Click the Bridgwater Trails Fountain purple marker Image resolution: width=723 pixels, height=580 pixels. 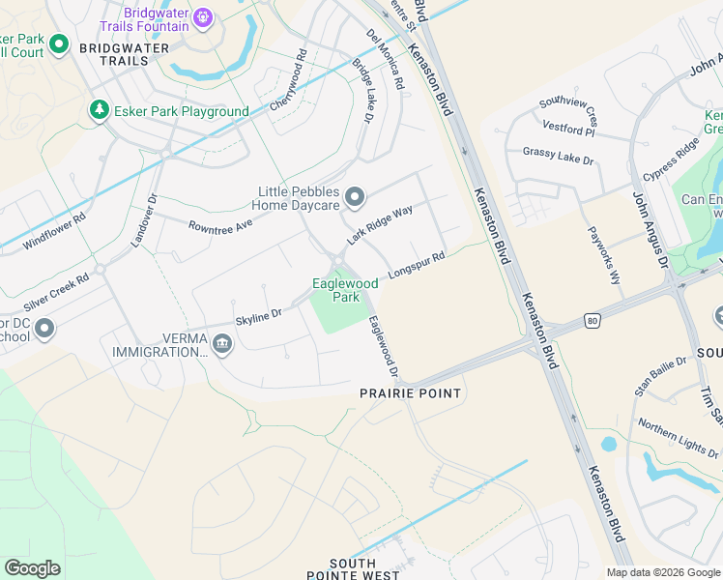[202, 16]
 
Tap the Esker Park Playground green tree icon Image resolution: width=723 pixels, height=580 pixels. [99, 111]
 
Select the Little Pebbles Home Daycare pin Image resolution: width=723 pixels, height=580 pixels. [355, 197]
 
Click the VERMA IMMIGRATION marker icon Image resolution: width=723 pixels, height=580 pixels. [222, 344]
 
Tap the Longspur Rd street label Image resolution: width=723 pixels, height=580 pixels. [417, 267]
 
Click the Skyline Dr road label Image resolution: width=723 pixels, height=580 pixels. [258, 315]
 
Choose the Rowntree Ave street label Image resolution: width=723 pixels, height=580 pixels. [220, 224]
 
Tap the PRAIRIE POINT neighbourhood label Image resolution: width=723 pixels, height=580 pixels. [411, 393]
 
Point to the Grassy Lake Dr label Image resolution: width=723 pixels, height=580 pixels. [558, 154]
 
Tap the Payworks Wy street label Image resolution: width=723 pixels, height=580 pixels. [605, 255]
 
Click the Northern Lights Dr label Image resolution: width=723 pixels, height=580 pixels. [678, 439]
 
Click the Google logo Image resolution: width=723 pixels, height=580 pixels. [32, 568]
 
